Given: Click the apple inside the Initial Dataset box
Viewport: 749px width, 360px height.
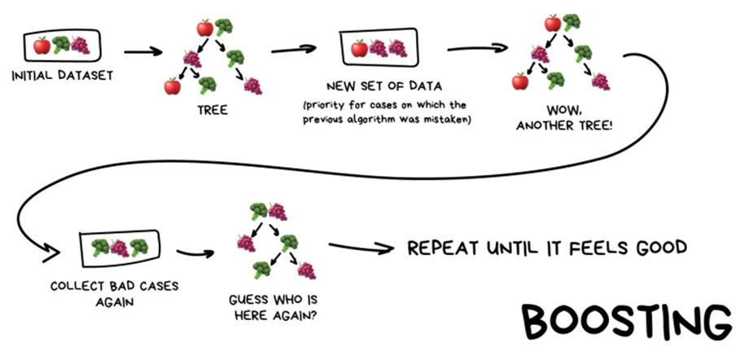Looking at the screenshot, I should click(x=42, y=46).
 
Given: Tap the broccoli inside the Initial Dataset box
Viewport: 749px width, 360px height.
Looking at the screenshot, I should click(x=61, y=46).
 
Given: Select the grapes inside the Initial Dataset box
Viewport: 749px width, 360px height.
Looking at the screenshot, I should click(x=80, y=46).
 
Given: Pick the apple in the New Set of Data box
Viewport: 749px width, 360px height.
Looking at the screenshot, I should click(x=359, y=49).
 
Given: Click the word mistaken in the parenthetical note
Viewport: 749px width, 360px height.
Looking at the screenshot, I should click(x=453, y=121).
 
